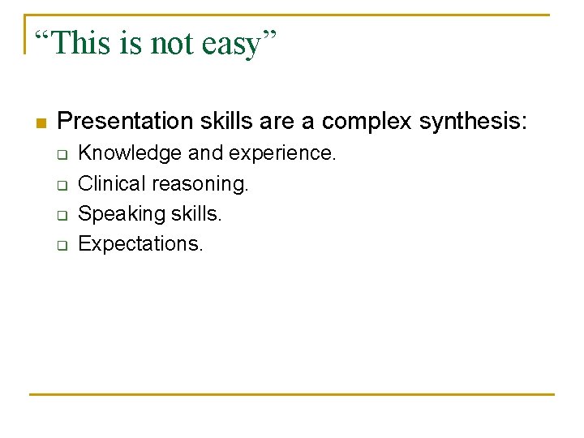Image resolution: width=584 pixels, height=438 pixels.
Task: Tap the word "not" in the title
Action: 171,43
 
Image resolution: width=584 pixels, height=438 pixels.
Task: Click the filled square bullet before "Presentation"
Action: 41,123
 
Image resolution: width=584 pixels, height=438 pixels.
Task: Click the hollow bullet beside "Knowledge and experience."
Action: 62,154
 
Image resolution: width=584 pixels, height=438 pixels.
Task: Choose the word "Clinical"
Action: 112,184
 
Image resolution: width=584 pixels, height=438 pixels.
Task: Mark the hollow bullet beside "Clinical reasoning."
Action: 62,185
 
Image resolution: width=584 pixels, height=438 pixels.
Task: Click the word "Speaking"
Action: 117,215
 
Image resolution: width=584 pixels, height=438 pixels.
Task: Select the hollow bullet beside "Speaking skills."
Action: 62,215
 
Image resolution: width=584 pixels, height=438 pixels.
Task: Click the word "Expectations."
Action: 140,244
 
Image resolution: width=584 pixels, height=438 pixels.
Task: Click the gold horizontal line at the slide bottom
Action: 292,395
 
